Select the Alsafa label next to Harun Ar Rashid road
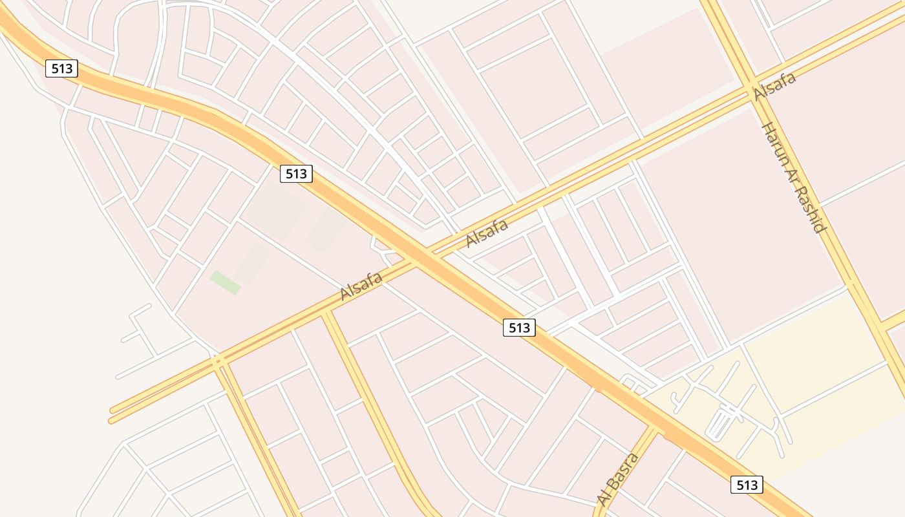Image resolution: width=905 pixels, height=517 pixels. tap(774, 87)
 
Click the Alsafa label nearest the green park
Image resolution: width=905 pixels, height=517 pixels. tap(361, 285)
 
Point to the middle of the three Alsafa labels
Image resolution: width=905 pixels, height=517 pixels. tap(487, 233)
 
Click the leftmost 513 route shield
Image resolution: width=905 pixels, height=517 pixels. tap(61, 69)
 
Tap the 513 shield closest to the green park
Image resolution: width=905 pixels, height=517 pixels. tap(296, 173)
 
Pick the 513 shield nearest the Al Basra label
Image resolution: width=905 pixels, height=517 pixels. tap(747, 485)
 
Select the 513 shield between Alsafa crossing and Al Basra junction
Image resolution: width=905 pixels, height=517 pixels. tap(519, 328)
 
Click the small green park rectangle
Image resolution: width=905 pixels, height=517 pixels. tap(225, 282)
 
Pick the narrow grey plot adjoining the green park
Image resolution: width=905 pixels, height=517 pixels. tap(251, 263)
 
